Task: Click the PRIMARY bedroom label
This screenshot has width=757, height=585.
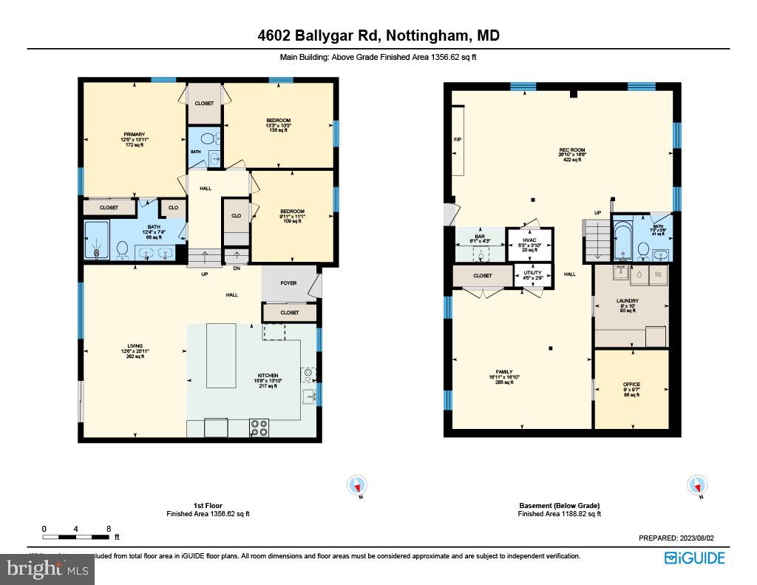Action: (134, 135)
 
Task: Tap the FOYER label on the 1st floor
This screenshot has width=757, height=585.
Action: (288, 282)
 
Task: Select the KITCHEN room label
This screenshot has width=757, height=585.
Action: (266, 376)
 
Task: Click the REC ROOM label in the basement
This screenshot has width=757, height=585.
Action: (572, 150)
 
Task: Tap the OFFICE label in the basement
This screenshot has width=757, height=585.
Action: (631, 385)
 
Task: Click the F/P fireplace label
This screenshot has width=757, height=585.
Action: (457, 139)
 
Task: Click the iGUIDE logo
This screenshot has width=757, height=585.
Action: (694, 558)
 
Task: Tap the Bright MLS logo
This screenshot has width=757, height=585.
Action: (47, 569)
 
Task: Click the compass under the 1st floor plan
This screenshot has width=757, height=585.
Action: (357, 486)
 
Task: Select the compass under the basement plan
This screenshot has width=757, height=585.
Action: (696, 486)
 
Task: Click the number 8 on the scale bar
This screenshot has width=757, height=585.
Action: (109, 529)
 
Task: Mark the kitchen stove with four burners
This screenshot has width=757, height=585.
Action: (259, 427)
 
